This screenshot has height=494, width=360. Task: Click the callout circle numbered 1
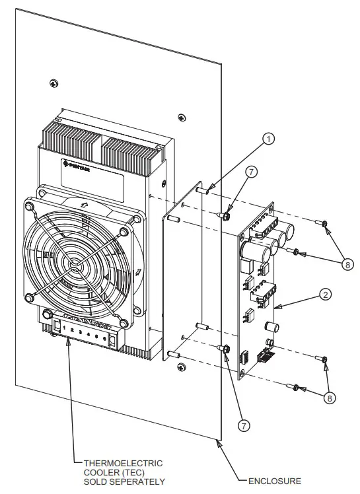click(268, 139)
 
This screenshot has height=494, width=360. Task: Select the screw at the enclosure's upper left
click(53, 83)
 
